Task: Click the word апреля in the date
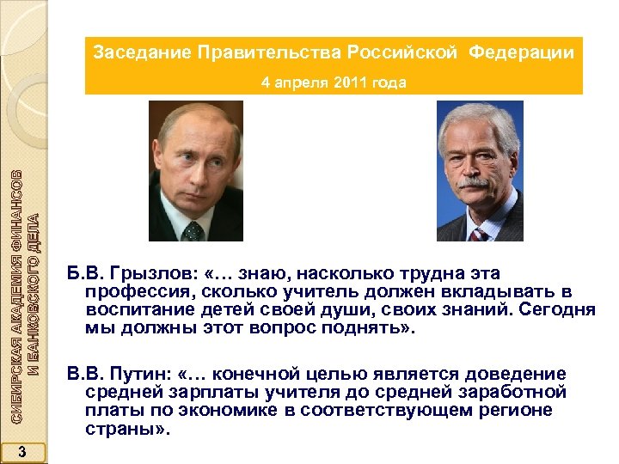coord(309,83)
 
